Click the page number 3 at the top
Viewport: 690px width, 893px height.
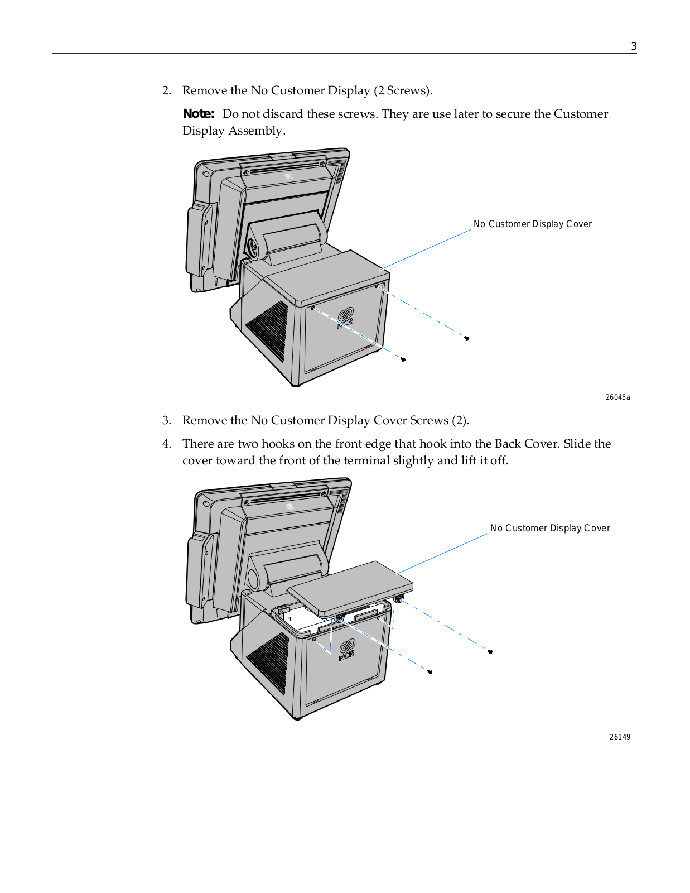pos(634,46)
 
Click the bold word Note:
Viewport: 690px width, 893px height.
pos(199,114)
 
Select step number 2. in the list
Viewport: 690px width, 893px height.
pos(167,91)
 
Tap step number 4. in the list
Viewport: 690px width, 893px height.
pos(167,444)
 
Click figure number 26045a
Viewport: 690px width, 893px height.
pos(617,397)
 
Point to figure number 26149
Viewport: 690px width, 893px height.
pos(620,737)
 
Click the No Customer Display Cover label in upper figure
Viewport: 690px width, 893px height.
pos(532,224)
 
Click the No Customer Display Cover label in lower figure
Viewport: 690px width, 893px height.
pos(550,528)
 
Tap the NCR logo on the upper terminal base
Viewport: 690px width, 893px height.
pos(345,318)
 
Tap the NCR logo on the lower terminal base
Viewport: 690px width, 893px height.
pos(347,650)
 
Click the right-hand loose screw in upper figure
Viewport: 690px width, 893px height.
pos(467,338)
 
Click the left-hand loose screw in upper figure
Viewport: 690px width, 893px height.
pos(403,359)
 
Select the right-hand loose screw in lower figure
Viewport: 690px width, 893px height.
pos(490,651)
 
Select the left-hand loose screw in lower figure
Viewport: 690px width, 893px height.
pos(430,671)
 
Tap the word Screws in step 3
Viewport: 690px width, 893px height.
pos(429,420)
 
